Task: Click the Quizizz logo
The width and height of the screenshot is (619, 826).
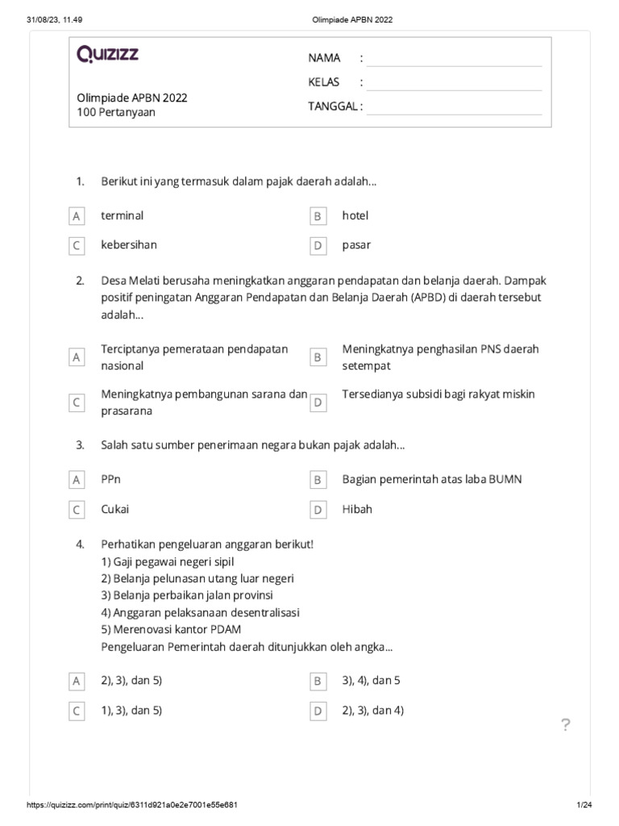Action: coord(108,55)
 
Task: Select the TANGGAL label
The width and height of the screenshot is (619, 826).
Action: coord(335,106)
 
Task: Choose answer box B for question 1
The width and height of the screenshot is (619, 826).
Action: coord(318,216)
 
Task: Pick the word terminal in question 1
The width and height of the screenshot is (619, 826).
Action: coord(123,215)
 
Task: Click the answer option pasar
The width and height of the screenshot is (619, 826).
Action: coord(356,244)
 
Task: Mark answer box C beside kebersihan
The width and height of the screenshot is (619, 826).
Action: coord(77,245)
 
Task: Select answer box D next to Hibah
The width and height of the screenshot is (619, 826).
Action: coord(318,510)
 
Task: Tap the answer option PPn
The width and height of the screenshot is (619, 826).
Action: coord(111,479)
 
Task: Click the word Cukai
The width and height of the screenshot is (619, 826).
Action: coord(114,509)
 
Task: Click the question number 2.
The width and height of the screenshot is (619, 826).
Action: coord(80,281)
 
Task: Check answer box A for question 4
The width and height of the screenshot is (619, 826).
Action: coord(77,682)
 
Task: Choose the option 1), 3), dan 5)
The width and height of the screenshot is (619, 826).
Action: coord(131,711)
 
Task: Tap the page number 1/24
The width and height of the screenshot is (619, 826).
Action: coord(584,806)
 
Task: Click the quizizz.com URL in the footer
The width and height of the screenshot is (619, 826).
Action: coord(133,806)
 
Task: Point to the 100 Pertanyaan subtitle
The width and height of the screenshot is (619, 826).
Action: coord(116,112)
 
